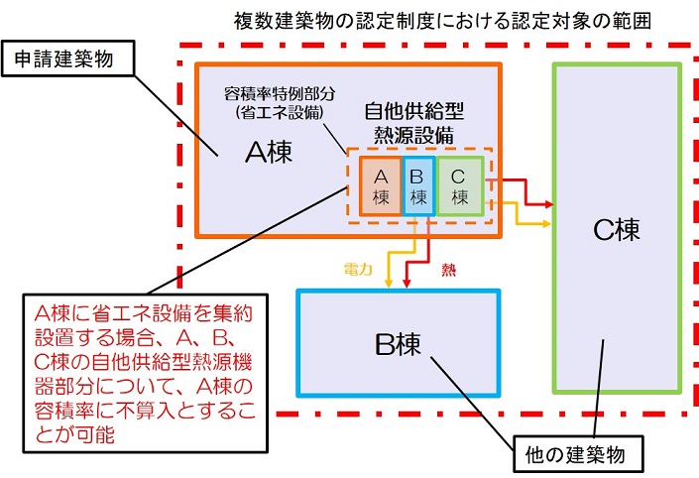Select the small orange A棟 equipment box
pyautogui.click(x=380, y=186)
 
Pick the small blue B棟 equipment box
pyautogui.click(x=418, y=186)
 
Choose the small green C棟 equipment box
pyautogui.click(x=458, y=186)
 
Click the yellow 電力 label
pyautogui.click(x=359, y=269)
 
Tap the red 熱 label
pyautogui.click(x=449, y=269)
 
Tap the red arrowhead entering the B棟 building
pyautogui.click(x=408, y=285)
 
